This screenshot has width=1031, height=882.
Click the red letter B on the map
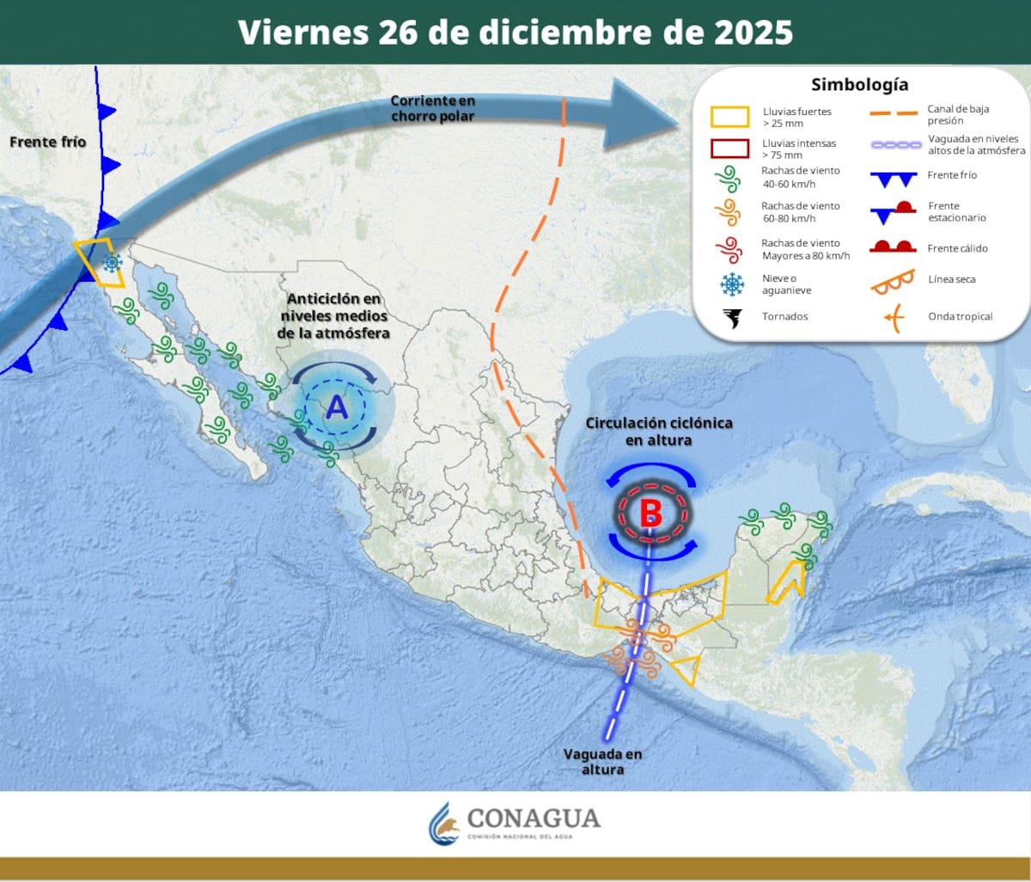tap(650, 514)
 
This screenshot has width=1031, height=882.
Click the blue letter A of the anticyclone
tap(336, 407)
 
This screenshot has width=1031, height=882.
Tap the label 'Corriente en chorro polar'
tap(432, 108)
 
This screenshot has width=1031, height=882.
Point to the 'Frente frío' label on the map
tap(48, 142)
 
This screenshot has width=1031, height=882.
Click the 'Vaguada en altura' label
tap(602, 762)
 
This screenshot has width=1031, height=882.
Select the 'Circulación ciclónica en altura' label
tap(659, 431)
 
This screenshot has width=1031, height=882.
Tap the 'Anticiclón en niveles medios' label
tap(334, 315)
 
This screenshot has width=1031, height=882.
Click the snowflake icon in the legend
tap(731, 283)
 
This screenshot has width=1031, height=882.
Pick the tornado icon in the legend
tap(731, 318)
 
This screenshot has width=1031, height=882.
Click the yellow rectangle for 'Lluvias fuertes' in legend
tap(729, 117)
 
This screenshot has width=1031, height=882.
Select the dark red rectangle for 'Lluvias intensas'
tap(729, 149)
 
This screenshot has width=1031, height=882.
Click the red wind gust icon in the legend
tap(729, 249)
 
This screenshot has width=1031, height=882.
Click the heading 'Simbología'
tap(859, 85)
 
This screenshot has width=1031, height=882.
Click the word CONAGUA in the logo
tap(534, 818)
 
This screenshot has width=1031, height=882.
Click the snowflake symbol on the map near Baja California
tap(112, 263)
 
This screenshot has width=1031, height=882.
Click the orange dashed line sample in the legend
tap(894, 113)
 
